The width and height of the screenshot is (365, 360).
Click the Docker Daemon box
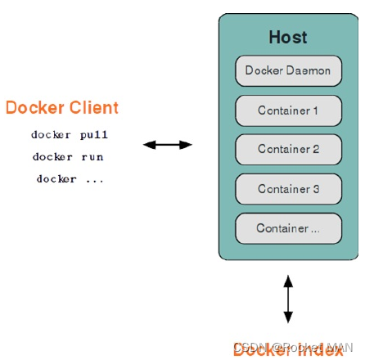pos(288,70)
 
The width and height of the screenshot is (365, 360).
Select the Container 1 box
pos(288,110)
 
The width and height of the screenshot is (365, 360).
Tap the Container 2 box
pos(288,149)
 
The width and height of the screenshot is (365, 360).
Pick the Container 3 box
pos(288,188)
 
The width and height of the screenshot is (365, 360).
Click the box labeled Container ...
pos(288,228)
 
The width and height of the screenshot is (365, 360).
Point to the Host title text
pos(288,37)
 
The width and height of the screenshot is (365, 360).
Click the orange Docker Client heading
pos(62,108)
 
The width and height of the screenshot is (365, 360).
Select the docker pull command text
pos(70,135)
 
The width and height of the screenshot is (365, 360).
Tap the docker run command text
pos(68,156)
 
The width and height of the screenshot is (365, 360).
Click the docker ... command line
pos(70,178)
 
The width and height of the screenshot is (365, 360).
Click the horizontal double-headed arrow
pos(168,145)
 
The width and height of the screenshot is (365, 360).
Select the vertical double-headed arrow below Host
pos(287,299)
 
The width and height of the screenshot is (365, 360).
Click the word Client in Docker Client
pos(92,108)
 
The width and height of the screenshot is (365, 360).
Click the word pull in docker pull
pos(94,135)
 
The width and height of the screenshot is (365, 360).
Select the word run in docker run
pos(92,156)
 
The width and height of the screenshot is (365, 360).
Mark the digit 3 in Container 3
pos(316,188)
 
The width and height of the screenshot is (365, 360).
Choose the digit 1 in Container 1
pos(315,110)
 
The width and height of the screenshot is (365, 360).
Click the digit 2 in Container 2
pos(316,149)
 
